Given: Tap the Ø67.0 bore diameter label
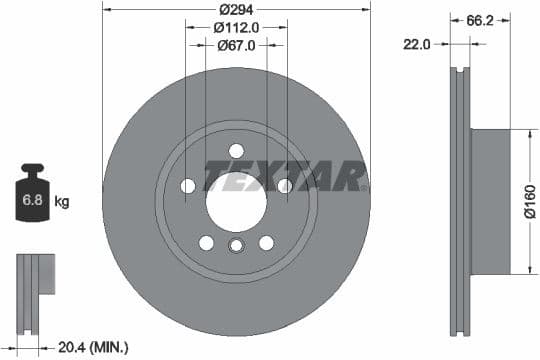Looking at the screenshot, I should tap(236, 45).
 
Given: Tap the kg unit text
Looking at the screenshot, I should tap(61, 202).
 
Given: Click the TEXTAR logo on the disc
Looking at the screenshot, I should tap(285, 176).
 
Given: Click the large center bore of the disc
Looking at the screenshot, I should tap(236, 196).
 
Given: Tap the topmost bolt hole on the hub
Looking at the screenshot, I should tap(236, 150).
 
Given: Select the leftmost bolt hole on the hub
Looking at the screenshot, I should tap(188, 186).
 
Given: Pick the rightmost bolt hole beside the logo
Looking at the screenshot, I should tap(284, 186).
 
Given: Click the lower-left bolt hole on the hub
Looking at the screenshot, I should tap(206, 242).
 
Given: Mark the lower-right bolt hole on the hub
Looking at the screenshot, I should tap(266, 242).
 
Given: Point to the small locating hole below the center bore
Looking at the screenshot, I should tap(236, 247).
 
